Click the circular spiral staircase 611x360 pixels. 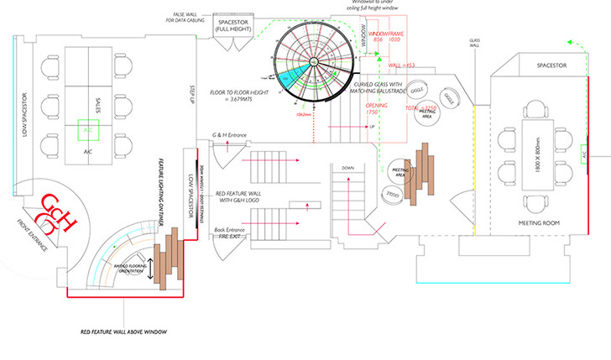point(316,60)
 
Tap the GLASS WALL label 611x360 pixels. point(474,44)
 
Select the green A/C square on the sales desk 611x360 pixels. point(88,131)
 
